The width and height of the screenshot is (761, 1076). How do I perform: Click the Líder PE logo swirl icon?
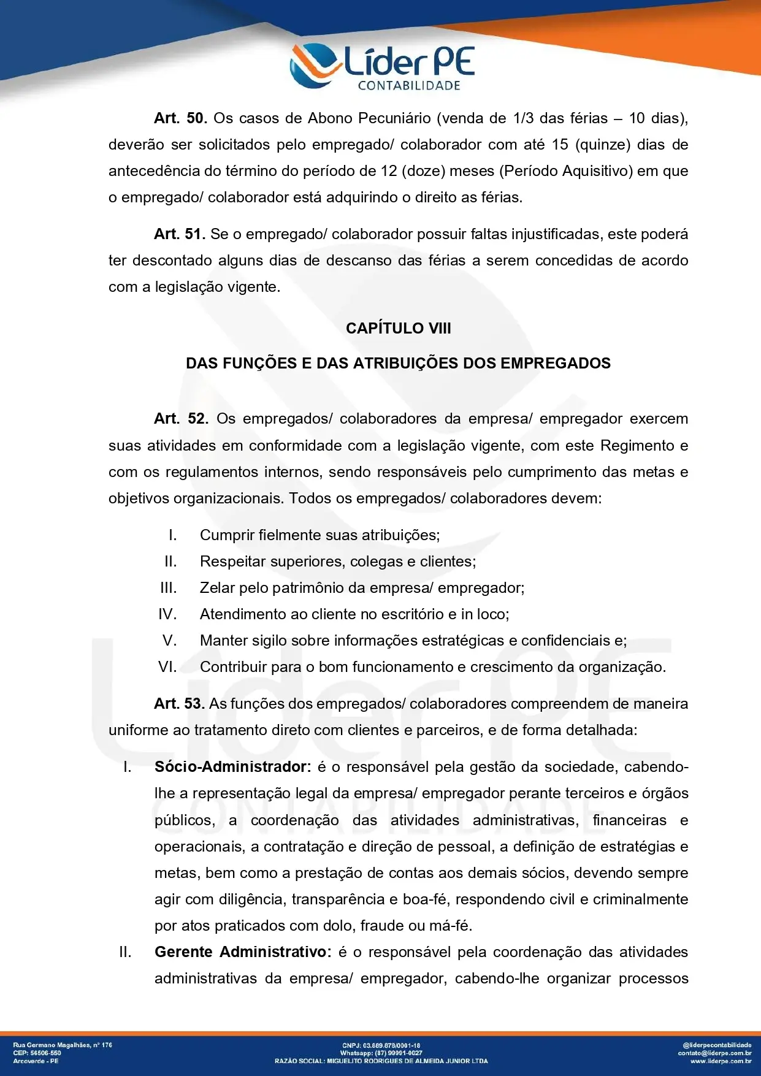point(314,65)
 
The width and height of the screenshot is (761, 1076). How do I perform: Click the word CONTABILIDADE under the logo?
point(408,86)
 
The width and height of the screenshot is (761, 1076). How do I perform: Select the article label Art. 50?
point(180,118)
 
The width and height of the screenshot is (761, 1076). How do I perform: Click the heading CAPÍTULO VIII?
point(398,329)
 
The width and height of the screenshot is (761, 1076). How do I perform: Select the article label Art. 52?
point(181,419)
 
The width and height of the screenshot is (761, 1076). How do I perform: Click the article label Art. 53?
point(179,704)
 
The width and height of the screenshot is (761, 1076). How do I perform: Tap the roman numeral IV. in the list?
point(167,614)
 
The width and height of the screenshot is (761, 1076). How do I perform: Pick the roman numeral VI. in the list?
point(167,667)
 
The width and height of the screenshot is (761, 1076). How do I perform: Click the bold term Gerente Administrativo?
point(243,952)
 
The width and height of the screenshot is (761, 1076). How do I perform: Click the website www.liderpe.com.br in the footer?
point(721,1061)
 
